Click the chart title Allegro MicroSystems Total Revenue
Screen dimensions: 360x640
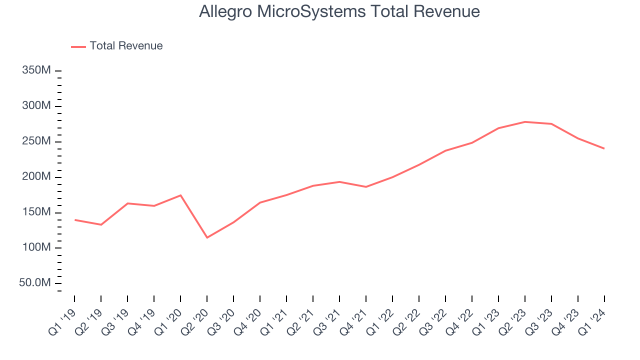pos(339,11)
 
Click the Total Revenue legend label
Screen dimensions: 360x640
pos(126,46)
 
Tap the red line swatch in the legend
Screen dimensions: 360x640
pos(78,46)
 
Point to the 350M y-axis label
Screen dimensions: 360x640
pos(36,70)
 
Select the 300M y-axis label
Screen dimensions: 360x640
pos(36,106)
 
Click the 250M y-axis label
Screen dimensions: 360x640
pos(36,141)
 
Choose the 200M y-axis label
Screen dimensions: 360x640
pos(36,177)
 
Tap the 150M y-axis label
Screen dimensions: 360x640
pos(36,212)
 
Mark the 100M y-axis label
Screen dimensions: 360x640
pos(36,248)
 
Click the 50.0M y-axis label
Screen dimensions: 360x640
pos(35,283)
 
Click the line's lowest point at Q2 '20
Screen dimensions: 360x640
pos(207,237)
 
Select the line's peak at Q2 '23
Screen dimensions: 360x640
pos(525,121)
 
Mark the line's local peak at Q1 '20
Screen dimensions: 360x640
pos(180,195)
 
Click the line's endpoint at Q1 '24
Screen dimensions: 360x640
pos(604,148)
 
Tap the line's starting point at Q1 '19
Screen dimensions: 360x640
pos(74,220)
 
